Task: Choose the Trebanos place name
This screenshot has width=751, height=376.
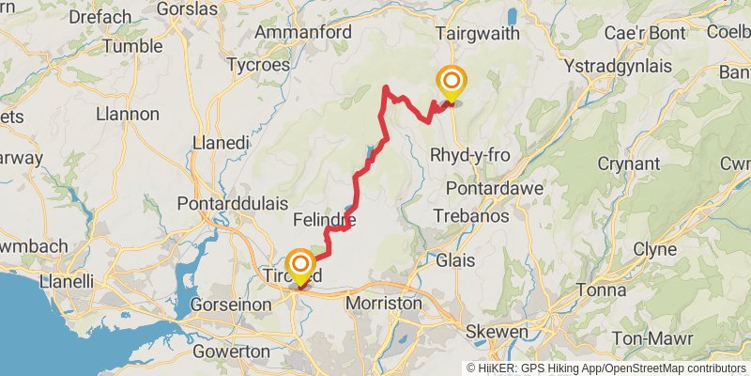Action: click(x=471, y=215)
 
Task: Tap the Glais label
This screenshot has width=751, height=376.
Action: click(x=454, y=260)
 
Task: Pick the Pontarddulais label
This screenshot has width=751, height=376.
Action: click(x=230, y=203)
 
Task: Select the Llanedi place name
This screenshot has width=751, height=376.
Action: click(x=220, y=143)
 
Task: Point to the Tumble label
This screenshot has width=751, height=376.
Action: click(x=132, y=46)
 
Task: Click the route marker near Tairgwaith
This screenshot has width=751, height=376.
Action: click(x=452, y=82)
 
